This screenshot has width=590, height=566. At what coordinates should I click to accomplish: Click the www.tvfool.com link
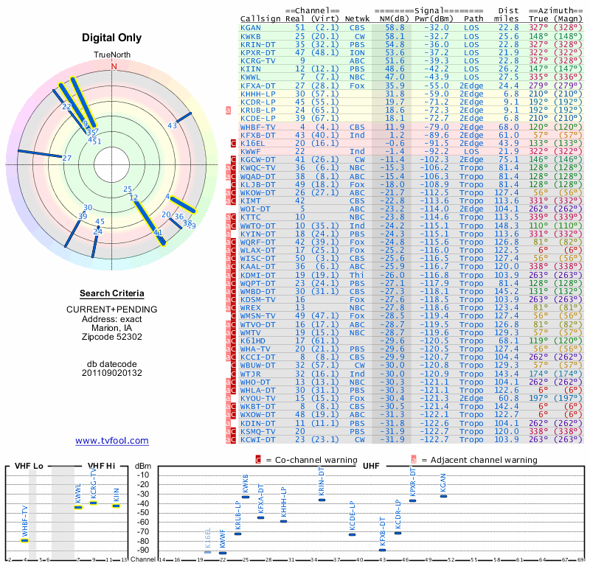[112, 441]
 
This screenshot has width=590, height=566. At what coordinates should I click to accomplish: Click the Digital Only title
[113, 38]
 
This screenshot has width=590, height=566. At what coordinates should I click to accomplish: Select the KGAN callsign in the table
[251, 27]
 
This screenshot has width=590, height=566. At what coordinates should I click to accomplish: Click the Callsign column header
[262, 17]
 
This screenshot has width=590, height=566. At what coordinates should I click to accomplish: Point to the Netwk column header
[357, 17]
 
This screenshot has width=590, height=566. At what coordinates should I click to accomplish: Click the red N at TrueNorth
[114, 66]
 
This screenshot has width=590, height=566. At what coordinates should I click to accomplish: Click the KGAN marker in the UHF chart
[443, 496]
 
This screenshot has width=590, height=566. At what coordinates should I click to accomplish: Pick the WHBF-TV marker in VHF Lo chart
[25, 540]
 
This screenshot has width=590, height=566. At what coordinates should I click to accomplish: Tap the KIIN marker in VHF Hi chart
[116, 506]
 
